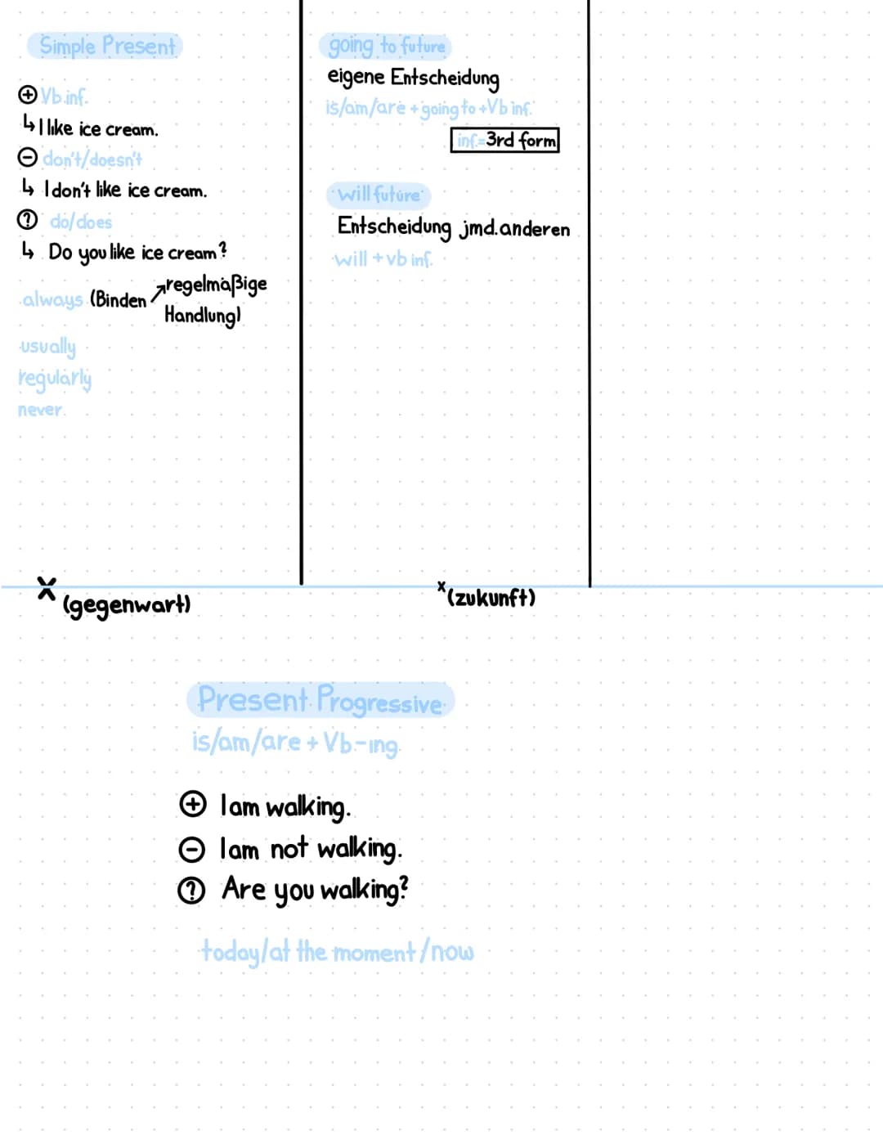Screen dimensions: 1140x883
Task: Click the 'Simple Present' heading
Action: click(106, 46)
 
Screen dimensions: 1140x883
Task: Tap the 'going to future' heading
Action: click(386, 46)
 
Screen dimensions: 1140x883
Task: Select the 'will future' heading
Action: click(379, 195)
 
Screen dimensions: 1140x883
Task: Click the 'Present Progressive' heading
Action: click(320, 701)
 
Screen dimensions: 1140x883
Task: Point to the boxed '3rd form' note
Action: click(505, 140)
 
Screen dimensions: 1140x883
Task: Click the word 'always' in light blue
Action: click(52, 300)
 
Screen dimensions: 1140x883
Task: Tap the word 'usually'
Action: click(47, 347)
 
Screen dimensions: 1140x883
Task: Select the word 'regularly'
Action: click(54, 378)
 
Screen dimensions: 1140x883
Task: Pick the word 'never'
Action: click(40, 410)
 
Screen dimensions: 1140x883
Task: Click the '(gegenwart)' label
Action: click(127, 605)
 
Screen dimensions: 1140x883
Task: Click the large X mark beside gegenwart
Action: click(47, 587)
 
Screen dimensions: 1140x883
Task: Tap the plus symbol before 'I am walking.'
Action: click(192, 805)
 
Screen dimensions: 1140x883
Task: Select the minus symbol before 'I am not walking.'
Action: click(191, 850)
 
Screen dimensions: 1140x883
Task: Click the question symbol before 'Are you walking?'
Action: click(191, 891)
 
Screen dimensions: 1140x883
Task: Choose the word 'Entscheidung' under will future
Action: click(393, 227)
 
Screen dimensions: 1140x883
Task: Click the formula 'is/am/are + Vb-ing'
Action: click(295, 743)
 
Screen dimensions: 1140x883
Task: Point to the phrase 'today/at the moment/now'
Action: click(337, 952)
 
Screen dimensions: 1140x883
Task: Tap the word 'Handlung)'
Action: click(202, 316)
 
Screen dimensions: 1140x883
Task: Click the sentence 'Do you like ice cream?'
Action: click(137, 253)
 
